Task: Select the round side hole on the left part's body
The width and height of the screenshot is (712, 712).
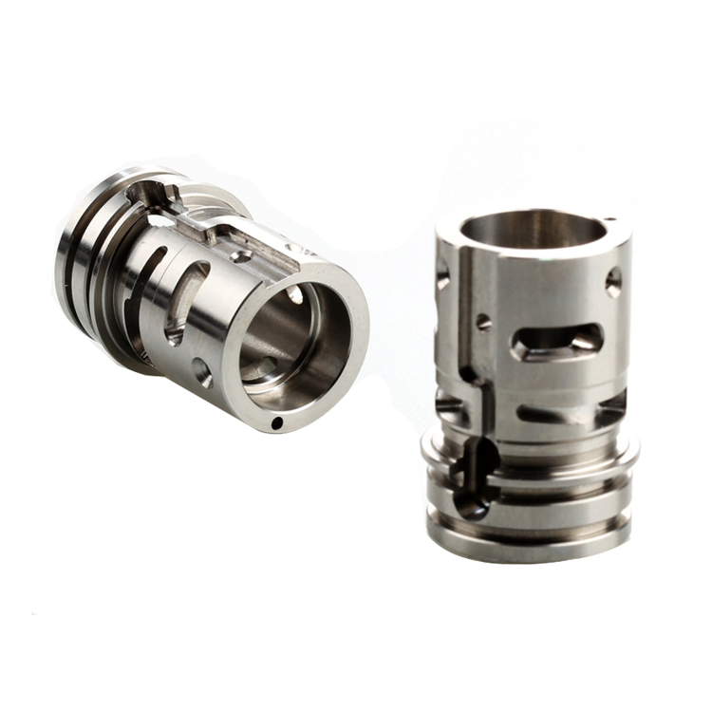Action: [x=201, y=371]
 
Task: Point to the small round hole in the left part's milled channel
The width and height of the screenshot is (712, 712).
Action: [x=242, y=256]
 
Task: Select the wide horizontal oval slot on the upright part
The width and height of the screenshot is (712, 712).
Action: [x=559, y=341]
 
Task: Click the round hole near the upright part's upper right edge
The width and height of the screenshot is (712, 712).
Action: [x=613, y=282]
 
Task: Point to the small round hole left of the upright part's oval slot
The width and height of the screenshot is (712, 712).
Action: [x=484, y=322]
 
